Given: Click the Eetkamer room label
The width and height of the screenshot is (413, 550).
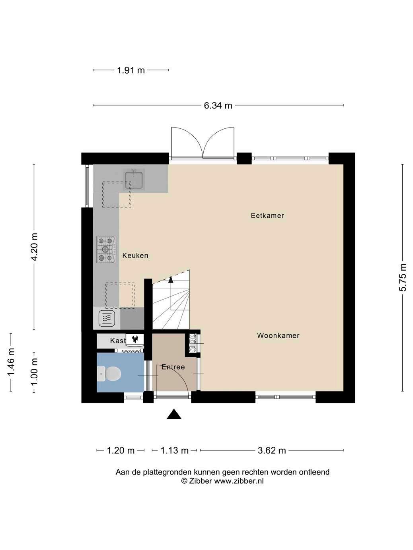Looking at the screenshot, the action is point(267,215).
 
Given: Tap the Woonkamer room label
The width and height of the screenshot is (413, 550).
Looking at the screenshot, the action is point(279,335).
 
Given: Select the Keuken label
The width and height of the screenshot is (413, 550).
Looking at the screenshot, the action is point(135,256).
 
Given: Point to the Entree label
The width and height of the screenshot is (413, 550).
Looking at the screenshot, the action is point(173,367).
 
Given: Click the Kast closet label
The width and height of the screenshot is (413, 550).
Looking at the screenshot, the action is point(118,341).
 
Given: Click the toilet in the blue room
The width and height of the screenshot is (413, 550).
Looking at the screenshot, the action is point(109,374).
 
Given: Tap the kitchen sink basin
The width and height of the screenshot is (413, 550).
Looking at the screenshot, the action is point(134,180).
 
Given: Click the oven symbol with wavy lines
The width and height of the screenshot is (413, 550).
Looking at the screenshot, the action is point(107,319).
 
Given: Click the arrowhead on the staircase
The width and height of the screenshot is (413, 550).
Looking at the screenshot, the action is point(171,280).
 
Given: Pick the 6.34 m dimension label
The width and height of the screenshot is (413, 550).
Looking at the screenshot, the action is point(218,106).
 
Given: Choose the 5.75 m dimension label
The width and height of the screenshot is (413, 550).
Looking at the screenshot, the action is point(403,277).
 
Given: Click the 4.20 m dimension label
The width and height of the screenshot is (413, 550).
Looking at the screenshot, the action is point(34,247).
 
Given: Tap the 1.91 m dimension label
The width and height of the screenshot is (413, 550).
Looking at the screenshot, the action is point(131,70).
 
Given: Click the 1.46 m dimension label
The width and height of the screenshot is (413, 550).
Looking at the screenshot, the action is point(11,362).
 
